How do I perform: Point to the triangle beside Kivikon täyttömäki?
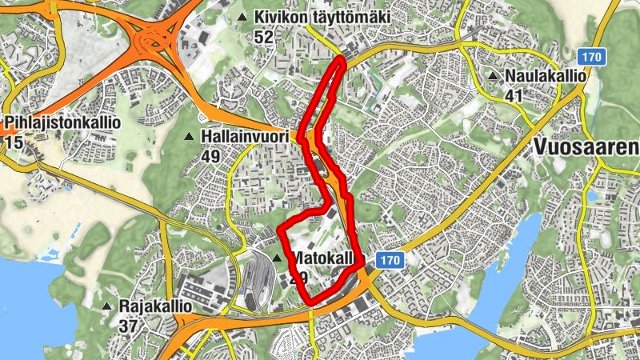(242, 17)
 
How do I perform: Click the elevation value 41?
(515, 95)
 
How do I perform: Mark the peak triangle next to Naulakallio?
(494, 78)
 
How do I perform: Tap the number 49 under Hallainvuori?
(211, 156)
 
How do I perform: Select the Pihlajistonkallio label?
(62, 123)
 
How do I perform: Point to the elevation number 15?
(13, 142)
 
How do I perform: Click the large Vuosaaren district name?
(586, 147)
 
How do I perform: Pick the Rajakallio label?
(156, 306)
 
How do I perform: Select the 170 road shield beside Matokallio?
(389, 260)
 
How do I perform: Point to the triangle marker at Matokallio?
(278, 258)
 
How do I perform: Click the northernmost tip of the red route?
(342, 58)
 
